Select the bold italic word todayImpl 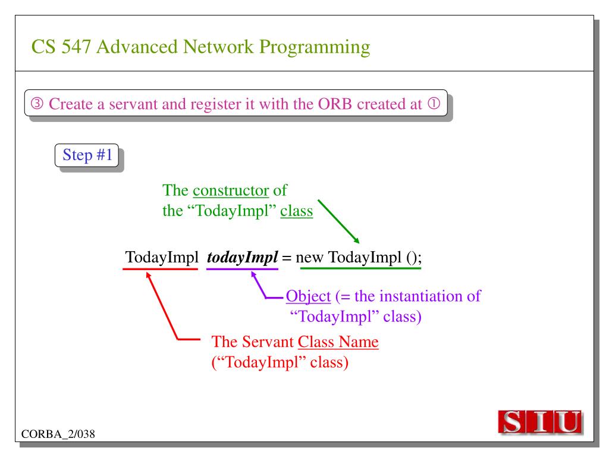click(241, 258)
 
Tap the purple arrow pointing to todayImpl click(262, 285)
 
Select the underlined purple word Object click(308, 296)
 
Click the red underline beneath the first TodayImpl click(160, 269)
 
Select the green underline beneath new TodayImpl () click(360, 269)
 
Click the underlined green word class click(297, 211)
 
